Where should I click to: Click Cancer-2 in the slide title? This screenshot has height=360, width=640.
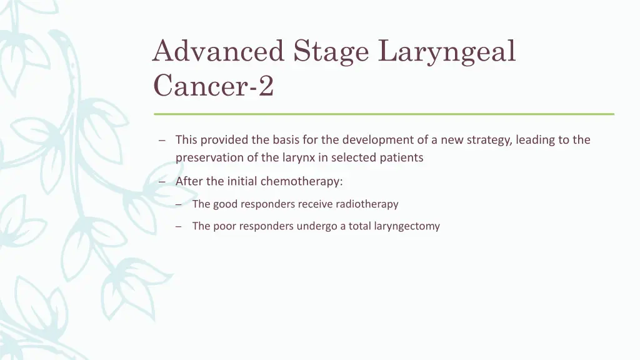(213, 86)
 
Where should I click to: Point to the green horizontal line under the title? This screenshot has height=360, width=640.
(384, 114)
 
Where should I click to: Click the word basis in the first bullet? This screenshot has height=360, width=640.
(284, 140)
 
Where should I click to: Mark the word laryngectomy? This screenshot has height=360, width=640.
(407, 226)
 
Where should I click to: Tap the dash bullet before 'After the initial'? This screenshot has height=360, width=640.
(162, 181)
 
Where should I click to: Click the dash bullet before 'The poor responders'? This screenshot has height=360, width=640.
(179, 226)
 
